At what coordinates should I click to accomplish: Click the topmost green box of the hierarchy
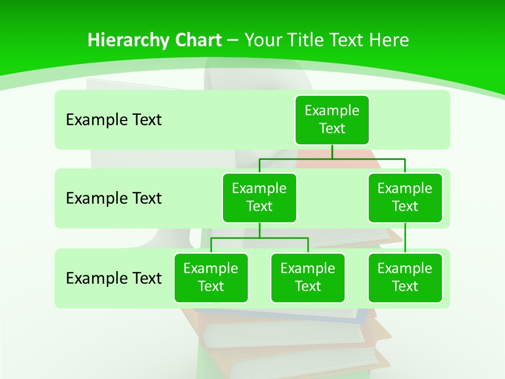(332, 119)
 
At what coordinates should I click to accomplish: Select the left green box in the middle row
(259, 197)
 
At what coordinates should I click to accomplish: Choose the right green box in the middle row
(405, 197)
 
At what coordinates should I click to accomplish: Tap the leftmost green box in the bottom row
(211, 277)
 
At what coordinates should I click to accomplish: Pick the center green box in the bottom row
(308, 277)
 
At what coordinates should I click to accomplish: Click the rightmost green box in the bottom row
(405, 277)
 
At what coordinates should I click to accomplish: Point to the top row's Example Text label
(114, 120)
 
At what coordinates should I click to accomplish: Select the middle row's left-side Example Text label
(114, 198)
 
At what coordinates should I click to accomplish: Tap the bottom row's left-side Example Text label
(114, 278)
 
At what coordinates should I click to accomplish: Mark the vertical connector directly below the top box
(332, 152)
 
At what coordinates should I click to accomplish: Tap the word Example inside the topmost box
(332, 111)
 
